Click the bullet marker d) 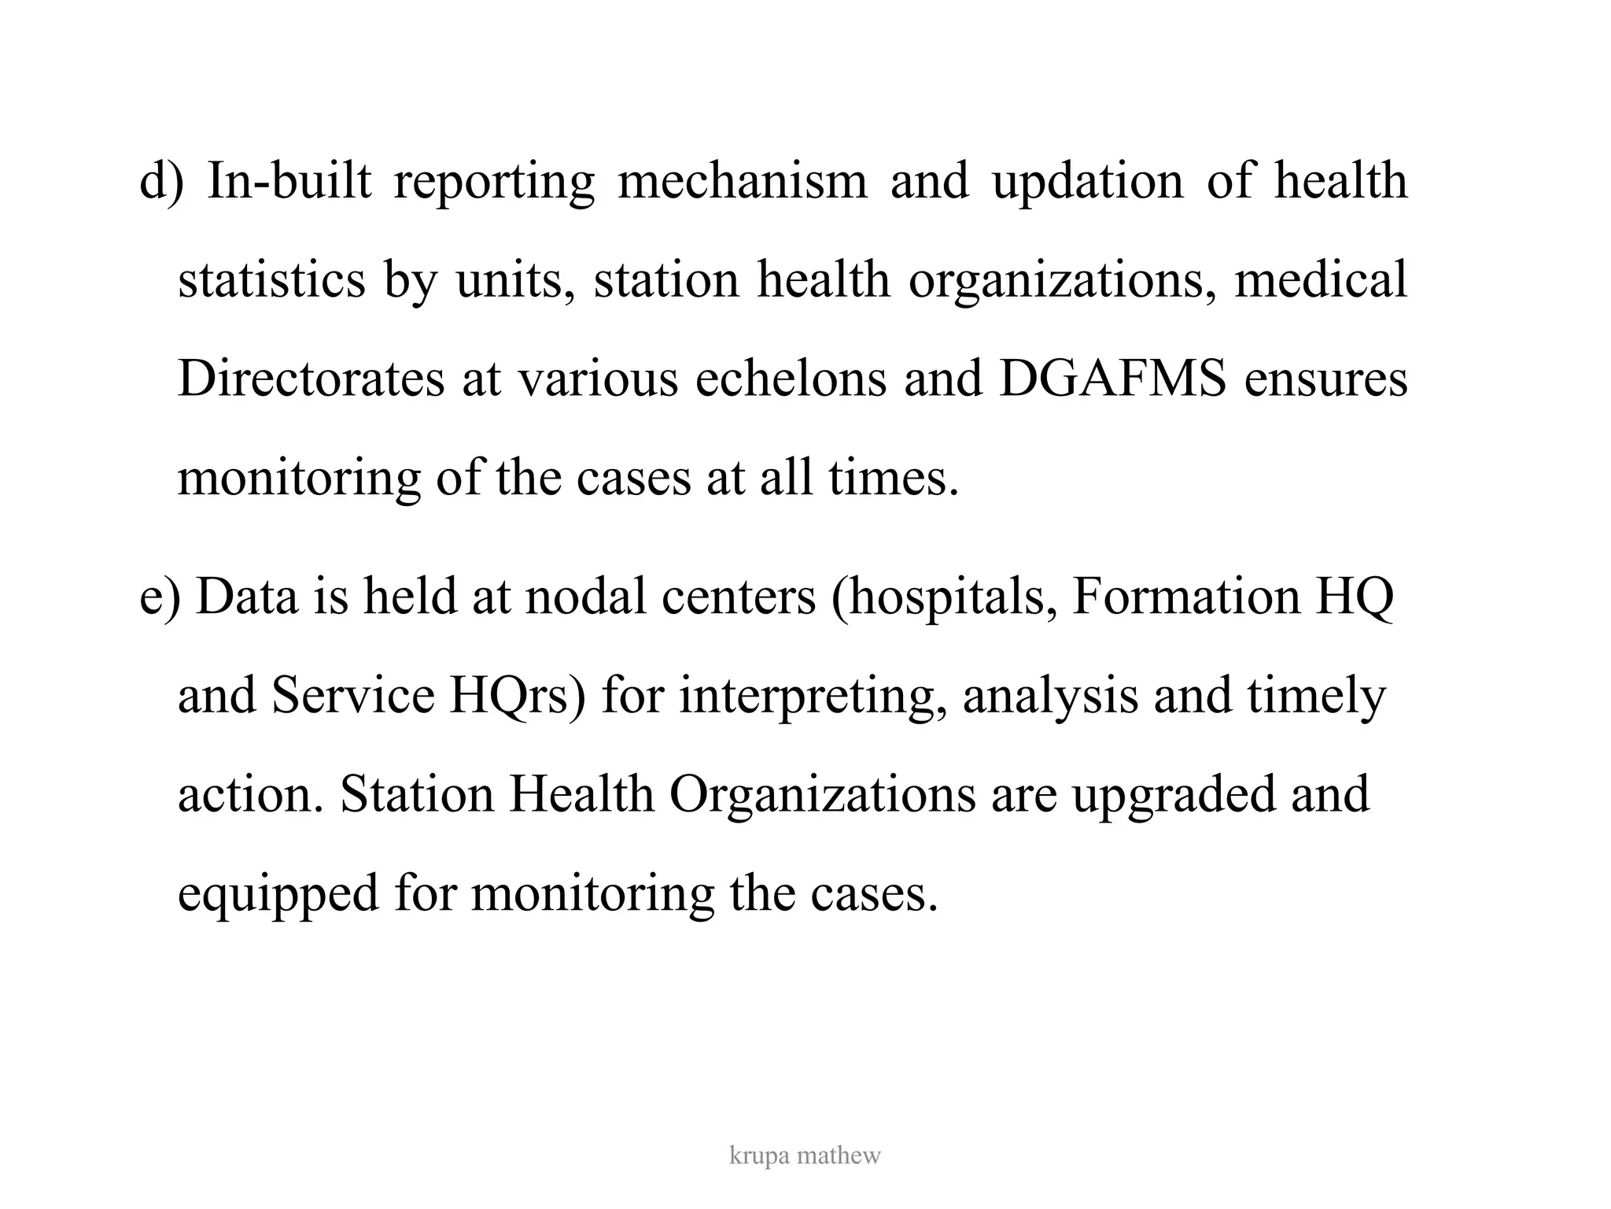click(x=161, y=181)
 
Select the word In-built click(x=289, y=181)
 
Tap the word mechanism click(x=743, y=181)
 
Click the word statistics click(x=271, y=280)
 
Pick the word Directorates click(x=311, y=379)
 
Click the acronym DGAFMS click(x=1112, y=379)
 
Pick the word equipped click(x=278, y=895)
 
